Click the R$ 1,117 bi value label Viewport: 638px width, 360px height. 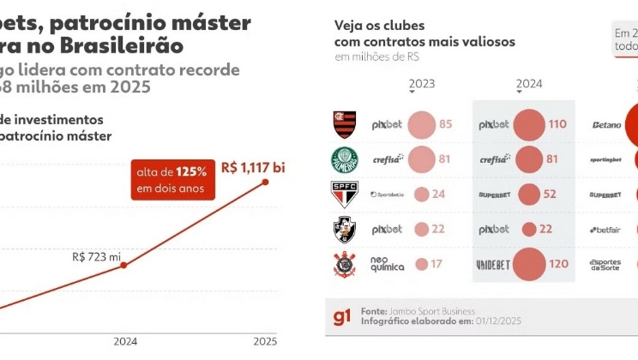pos(252,166)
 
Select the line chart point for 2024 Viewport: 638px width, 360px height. pos(124,266)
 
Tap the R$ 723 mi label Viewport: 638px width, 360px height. pos(97,256)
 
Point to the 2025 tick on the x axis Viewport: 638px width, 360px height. pos(265,341)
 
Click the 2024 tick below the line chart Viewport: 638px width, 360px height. pos(125,341)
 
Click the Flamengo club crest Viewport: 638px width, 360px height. pos(345,124)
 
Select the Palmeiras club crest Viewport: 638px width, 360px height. pos(345,159)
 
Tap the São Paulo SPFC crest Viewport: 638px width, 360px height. pos(345,194)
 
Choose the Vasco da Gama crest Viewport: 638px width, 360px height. pos(345,229)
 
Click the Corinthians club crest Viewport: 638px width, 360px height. pos(345,265)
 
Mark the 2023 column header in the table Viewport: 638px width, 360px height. pos(422,84)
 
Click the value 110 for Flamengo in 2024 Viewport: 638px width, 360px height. pos(557,124)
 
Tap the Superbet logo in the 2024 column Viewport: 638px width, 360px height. pos(493,195)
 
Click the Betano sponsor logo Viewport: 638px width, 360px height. pos(606,125)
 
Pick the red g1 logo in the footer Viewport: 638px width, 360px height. pos(342,318)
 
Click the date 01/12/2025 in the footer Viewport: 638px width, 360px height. pos(500,321)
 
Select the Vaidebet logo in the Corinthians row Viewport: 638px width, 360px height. pos(493,264)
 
